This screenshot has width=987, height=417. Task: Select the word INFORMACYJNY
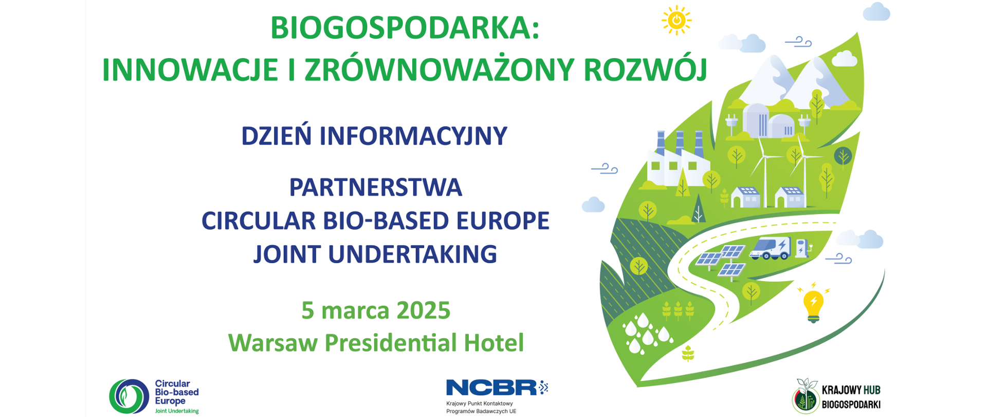point(413,136)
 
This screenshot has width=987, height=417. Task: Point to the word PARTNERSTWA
point(376,187)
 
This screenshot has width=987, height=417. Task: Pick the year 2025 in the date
point(424,310)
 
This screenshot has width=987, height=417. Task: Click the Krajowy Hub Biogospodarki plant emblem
point(805,396)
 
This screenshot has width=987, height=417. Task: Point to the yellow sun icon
point(677,21)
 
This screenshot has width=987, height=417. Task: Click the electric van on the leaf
point(770,248)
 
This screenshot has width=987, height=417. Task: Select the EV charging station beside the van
point(802,248)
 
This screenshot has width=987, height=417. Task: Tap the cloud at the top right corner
point(876,12)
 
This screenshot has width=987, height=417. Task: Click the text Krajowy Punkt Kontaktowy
point(480,404)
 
